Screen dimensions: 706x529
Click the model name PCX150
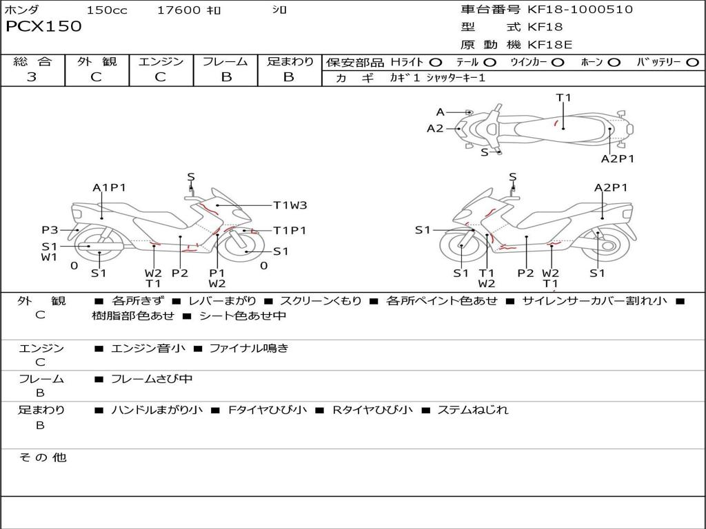point(43,27)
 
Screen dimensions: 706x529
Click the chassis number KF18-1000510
point(580,10)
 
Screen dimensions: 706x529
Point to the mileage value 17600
point(179,10)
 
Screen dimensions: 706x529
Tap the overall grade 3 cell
point(32,77)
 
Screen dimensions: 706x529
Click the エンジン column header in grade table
point(161,62)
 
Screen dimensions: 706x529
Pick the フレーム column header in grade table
point(225,62)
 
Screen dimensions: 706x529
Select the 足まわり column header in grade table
point(290,62)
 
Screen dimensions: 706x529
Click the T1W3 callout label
point(290,205)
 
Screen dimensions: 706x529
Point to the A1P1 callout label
point(110,187)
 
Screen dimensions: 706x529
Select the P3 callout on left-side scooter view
point(50,230)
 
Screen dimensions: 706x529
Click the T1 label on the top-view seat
point(564,98)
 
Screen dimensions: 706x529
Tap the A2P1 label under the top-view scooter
point(617,158)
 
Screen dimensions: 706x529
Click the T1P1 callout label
point(290,231)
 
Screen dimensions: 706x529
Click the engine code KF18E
point(550,45)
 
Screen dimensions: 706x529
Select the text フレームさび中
point(152,379)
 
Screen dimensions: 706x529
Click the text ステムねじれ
point(473,410)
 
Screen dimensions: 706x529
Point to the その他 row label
point(42,457)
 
